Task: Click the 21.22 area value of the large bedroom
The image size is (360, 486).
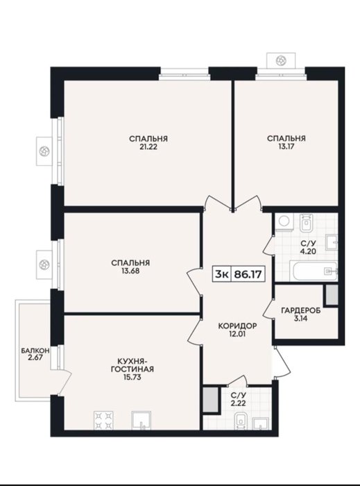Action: pos(148,147)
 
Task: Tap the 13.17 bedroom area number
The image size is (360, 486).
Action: pos(286,146)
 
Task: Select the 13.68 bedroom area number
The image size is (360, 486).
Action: pos(130,271)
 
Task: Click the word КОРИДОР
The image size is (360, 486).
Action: pos(237,326)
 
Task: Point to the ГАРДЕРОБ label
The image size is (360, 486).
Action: pos(301,310)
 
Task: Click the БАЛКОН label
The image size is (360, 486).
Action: pos(35,351)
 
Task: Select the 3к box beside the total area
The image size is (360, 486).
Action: pos(222,274)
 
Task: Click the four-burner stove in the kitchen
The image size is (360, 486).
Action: pos(103,420)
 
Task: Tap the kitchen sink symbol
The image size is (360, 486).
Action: pos(142,421)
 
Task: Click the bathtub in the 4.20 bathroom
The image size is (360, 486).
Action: pos(314,271)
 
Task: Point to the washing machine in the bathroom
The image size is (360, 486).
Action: pos(284,222)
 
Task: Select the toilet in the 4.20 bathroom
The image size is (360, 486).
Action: pos(307,223)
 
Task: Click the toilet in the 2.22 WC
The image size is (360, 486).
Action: pos(241,421)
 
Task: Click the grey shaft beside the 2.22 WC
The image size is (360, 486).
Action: pos(211,399)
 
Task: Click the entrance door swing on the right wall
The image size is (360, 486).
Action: pos(282,362)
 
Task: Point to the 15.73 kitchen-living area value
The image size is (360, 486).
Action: pos(132,377)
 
